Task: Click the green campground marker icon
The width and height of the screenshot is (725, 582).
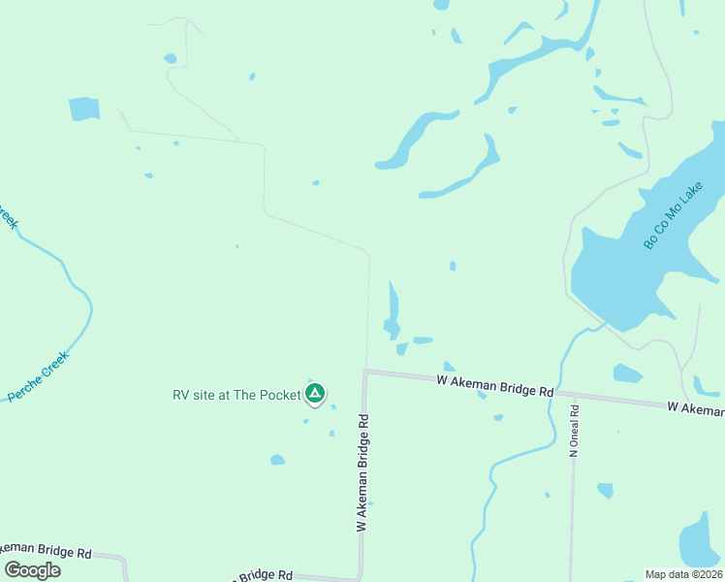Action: click(x=314, y=393)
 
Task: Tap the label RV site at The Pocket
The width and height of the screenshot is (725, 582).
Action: click(x=236, y=395)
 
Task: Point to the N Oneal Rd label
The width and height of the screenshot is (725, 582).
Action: click(x=574, y=431)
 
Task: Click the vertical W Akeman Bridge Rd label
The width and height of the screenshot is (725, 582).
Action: click(x=362, y=473)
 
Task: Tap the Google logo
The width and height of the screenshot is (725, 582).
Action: click(x=33, y=569)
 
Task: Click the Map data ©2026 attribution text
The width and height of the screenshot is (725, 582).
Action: click(x=683, y=574)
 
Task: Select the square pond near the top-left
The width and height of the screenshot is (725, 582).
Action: click(x=84, y=109)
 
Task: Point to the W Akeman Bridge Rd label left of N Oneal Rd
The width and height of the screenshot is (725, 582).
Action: click(x=494, y=386)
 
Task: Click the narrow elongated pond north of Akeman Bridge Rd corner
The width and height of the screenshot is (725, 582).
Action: click(x=393, y=310)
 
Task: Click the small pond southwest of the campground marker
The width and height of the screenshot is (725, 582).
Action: click(x=278, y=459)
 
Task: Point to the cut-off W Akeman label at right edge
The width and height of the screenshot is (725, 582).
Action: click(x=695, y=408)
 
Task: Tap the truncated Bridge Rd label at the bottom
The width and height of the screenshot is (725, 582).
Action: click(x=262, y=575)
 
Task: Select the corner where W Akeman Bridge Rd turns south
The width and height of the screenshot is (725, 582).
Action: click(x=365, y=372)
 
